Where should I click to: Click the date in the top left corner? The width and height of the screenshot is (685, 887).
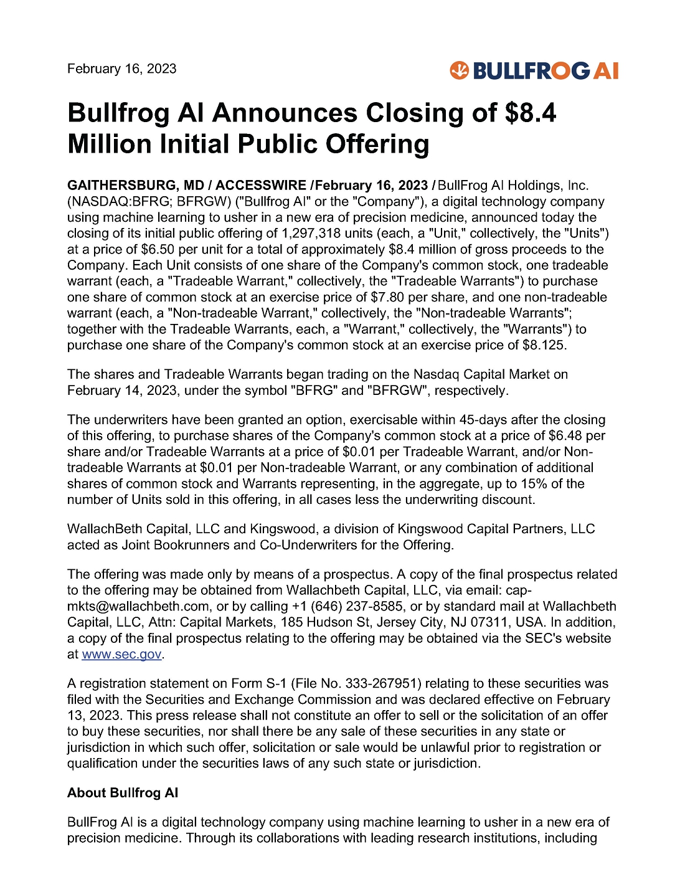pyautogui.click(x=121, y=69)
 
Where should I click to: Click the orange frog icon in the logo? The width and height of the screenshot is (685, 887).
pyautogui.click(x=459, y=70)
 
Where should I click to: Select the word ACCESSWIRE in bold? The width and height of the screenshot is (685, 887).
pyautogui.click(x=261, y=186)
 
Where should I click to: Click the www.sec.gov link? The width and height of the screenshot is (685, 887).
pyautogui.click(x=121, y=655)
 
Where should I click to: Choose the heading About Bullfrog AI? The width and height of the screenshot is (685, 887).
pyautogui.click(x=123, y=793)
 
